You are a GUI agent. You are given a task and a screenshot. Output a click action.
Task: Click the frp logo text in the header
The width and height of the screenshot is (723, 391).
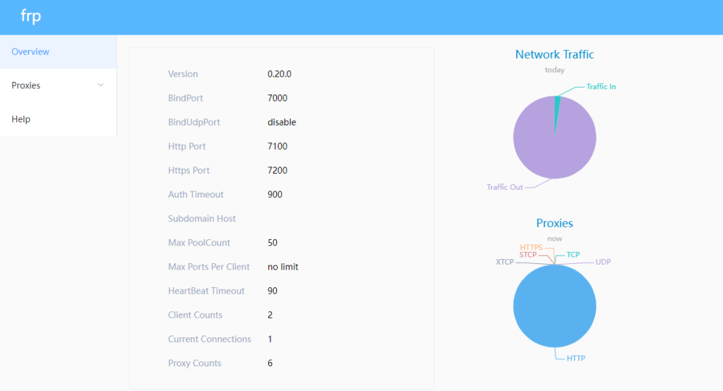(30, 17)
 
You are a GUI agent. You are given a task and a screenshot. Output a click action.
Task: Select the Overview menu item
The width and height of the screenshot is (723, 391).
(30, 52)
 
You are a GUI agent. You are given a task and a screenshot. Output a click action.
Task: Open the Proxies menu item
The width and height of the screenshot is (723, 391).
(26, 85)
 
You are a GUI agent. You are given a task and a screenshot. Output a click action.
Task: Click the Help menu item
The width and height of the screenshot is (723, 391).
(21, 119)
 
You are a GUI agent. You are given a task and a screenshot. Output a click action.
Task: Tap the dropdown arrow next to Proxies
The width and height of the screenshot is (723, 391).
(100, 85)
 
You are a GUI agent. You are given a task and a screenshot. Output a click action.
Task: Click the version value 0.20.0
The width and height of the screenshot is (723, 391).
(280, 74)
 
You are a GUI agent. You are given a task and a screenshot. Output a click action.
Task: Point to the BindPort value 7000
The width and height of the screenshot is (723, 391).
(277, 98)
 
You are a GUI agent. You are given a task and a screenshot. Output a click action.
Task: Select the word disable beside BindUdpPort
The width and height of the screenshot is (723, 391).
(282, 122)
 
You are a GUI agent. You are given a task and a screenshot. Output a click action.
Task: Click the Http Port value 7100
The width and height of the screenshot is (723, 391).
(277, 146)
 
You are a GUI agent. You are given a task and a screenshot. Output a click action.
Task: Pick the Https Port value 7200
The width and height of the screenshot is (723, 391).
(277, 170)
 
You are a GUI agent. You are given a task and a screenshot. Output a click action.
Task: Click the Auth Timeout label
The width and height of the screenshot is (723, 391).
(196, 194)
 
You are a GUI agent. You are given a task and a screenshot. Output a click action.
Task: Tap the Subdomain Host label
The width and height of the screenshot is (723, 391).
(202, 219)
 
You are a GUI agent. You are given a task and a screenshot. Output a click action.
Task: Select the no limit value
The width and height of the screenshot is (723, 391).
(283, 267)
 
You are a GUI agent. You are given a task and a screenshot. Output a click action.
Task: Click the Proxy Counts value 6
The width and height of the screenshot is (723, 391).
(270, 363)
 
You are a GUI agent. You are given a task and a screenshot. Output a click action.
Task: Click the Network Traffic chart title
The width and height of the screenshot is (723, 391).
(554, 54)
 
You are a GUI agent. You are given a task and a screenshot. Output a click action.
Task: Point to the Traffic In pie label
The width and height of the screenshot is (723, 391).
(601, 87)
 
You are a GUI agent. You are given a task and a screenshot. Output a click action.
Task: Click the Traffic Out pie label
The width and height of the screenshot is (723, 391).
(505, 187)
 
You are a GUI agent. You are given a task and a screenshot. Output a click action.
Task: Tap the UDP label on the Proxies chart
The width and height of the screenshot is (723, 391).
(603, 262)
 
